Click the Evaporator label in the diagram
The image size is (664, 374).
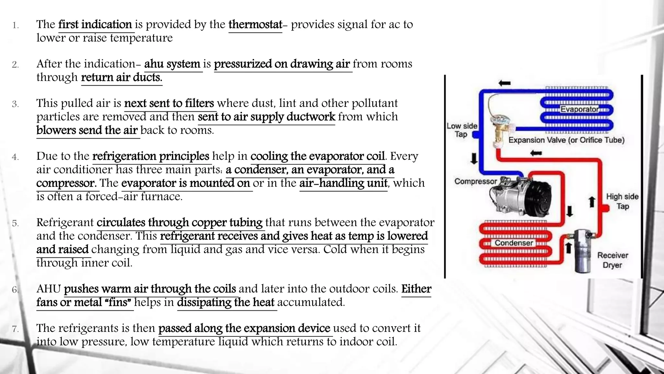coord(579,109)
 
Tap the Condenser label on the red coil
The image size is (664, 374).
coord(514,243)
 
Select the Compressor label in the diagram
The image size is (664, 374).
coord(475,181)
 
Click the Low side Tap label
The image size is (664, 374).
coord(462,130)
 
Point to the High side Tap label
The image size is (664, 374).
coord(622,201)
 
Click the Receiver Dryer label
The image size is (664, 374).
coord(612,260)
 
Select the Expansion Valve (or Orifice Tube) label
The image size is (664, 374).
coord(566,140)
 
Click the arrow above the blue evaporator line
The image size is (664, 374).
coord(504,83)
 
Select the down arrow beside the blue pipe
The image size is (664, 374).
coord(474,158)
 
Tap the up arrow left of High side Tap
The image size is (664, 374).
coord(592,201)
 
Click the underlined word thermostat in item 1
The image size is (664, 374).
coord(255,25)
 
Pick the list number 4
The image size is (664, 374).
coord(15,157)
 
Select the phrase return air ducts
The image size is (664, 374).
coord(121,78)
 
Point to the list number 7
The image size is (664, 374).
coord(15,329)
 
